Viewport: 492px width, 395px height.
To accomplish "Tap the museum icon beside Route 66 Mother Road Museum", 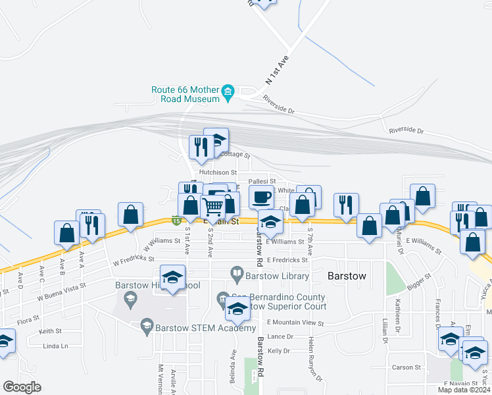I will point(228,91).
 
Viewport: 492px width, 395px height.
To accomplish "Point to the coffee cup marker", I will point(261,197).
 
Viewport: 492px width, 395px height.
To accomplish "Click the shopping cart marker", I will point(213,207).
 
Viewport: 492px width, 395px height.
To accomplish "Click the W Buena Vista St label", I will point(62,292).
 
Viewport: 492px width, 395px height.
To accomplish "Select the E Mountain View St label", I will point(295,323).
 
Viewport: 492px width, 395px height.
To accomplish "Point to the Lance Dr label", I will point(280,336).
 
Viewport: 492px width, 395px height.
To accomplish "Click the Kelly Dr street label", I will point(279,351).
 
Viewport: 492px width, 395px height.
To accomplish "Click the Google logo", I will point(22,387).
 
